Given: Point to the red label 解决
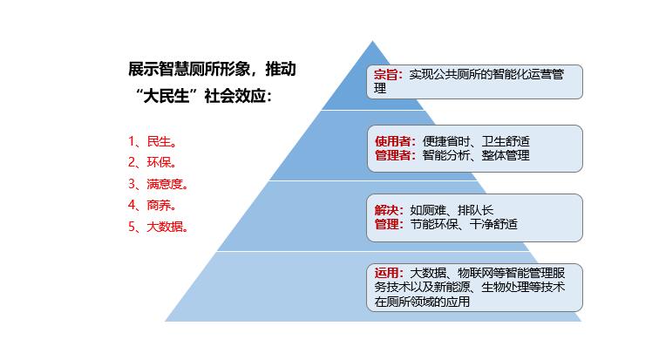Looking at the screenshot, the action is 386,210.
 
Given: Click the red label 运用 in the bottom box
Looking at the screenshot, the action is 386,273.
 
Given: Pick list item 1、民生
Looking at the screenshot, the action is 152,141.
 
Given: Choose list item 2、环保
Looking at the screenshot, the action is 152,163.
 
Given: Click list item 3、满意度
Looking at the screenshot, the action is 158,184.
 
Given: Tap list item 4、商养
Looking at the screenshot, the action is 152,206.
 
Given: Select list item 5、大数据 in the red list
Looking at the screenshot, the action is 158,227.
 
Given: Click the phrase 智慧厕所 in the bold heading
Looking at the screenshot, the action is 189,69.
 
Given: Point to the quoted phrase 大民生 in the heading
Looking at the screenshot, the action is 166,96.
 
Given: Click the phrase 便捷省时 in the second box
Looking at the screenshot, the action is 446,141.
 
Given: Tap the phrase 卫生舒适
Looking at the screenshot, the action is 506,141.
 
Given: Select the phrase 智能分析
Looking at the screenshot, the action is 446,155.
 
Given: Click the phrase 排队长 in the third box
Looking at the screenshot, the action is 475,210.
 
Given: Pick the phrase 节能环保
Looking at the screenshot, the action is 434,224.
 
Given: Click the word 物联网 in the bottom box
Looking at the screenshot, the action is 475,273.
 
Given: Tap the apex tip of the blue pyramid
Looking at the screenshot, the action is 372,41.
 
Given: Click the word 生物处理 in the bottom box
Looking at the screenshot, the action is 506,288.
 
